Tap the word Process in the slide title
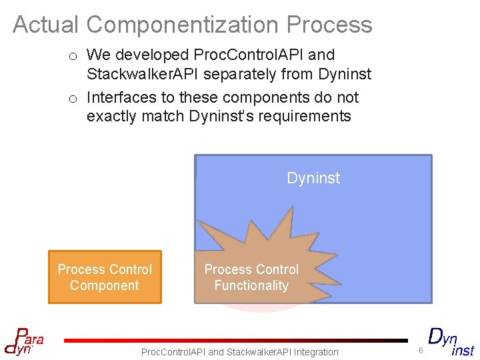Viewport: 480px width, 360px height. pyautogui.click(x=329, y=25)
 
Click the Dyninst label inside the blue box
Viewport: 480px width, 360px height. pyautogui.click(x=313, y=178)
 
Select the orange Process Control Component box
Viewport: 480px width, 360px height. pyautogui.click(x=105, y=277)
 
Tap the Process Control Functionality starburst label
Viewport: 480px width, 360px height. pyautogui.click(x=251, y=277)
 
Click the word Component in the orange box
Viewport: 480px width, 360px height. pyautogui.click(x=105, y=285)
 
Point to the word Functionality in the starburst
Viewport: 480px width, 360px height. pyautogui.click(x=251, y=285)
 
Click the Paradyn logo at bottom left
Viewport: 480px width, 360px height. pyautogui.click(x=24, y=340)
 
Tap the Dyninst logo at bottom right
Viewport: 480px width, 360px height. pyautogui.click(x=451, y=342)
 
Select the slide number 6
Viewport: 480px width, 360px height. pyautogui.click(x=421, y=351)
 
